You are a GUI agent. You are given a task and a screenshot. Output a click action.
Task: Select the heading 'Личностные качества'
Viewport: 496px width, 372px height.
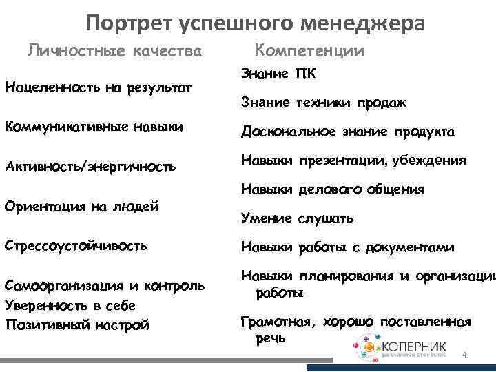(x=114, y=51)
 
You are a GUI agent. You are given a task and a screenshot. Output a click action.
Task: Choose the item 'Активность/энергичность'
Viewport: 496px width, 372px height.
(x=90, y=166)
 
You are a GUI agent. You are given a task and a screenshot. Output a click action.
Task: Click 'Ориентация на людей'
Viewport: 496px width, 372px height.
(x=81, y=205)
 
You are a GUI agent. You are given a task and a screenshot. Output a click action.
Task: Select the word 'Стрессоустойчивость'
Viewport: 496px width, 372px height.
(x=75, y=245)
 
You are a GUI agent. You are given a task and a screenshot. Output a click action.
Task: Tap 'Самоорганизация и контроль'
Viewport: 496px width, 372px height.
(x=104, y=285)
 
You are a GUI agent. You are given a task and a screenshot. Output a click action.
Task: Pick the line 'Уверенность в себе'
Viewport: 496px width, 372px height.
(x=70, y=304)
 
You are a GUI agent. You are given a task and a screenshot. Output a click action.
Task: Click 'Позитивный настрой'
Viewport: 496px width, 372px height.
(x=76, y=324)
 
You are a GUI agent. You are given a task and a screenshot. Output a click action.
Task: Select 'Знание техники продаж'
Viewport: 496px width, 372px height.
(x=323, y=103)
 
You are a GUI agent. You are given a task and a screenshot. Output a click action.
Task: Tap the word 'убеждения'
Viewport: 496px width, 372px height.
(x=429, y=161)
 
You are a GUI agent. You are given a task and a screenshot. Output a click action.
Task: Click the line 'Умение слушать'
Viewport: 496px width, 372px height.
(x=297, y=218)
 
